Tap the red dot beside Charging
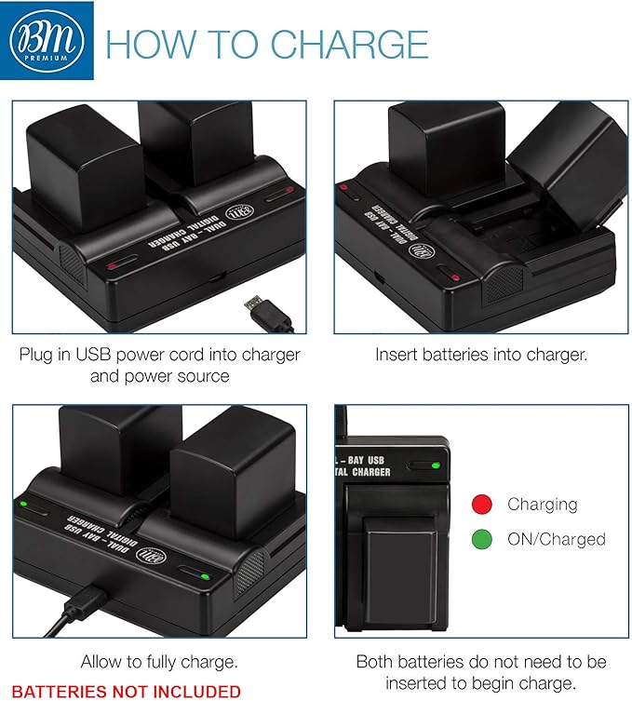481,504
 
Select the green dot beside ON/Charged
481,538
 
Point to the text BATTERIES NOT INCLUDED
126,691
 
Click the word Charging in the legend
542,504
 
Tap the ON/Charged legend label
556,538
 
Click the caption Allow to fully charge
159,662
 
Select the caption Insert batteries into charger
481,355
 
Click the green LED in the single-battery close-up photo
436,462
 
